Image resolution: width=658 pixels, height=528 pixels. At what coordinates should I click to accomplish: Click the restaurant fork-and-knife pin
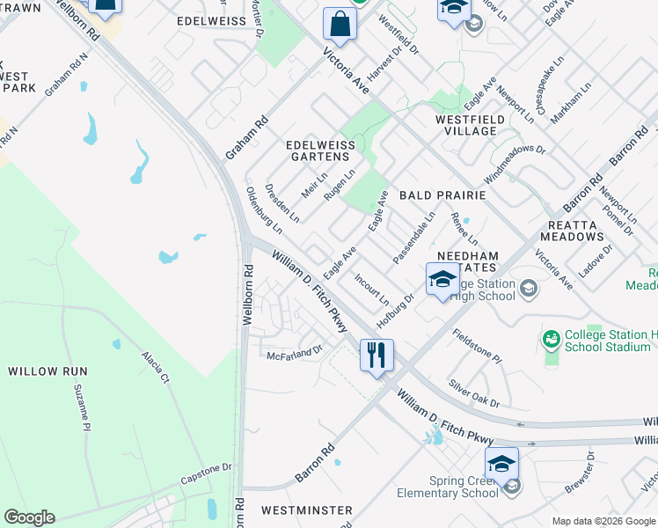click(x=376, y=356)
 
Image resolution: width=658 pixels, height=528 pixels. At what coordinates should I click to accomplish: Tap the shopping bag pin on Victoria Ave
click(x=340, y=25)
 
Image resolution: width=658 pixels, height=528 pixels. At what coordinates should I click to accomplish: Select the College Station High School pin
click(x=442, y=280)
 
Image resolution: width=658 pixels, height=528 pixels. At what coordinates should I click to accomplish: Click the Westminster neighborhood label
click(x=307, y=510)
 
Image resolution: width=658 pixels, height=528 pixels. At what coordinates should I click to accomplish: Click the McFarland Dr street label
click(x=296, y=349)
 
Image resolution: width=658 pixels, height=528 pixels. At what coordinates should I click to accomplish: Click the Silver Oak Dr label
click(x=473, y=392)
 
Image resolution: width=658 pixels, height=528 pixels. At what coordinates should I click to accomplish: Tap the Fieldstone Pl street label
click(x=477, y=347)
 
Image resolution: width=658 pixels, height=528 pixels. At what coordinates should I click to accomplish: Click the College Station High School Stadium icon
click(x=552, y=338)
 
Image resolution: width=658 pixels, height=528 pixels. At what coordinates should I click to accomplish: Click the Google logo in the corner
click(x=29, y=517)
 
